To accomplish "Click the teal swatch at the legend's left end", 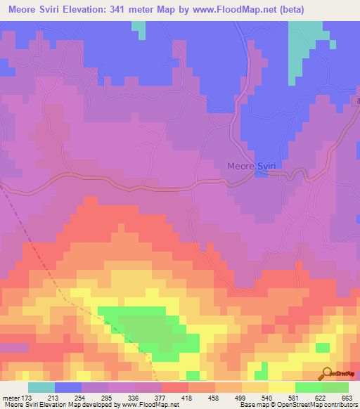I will click(41, 387).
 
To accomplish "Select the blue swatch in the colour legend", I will click(67, 387).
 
